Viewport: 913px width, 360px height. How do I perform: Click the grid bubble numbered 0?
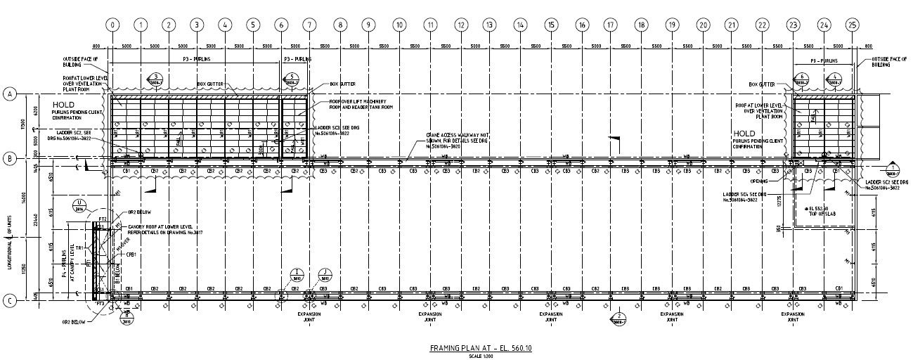[112, 25]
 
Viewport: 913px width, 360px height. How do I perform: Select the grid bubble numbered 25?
[853, 25]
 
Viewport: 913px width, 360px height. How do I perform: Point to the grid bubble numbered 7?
[309, 25]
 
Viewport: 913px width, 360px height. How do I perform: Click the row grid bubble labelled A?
[10, 94]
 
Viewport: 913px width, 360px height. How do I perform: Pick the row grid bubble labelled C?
[10, 302]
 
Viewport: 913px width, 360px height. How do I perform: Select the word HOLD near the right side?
[744, 133]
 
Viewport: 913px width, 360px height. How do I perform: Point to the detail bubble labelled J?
[325, 274]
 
